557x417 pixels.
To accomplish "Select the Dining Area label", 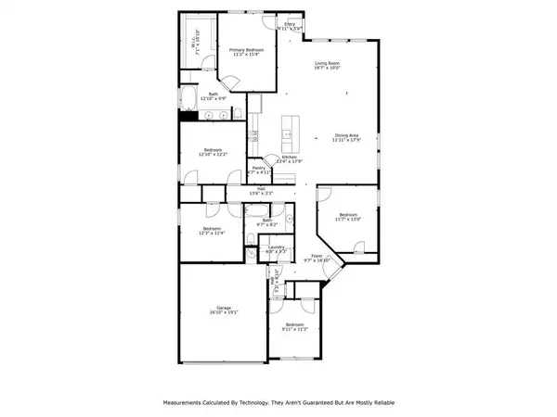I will click(346, 134).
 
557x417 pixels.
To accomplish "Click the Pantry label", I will click(259, 168).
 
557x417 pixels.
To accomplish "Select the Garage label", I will click(223, 309).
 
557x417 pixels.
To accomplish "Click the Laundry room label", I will click(276, 246).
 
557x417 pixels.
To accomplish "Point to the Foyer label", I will click(317, 256).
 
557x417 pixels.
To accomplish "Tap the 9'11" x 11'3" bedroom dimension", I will click(294, 328).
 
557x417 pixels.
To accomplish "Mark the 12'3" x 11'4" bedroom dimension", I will click(212, 233).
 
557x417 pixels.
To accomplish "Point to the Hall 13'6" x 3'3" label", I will click(263, 193).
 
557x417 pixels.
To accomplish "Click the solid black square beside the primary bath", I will click(187, 115).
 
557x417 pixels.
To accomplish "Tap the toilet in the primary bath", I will click(239, 112).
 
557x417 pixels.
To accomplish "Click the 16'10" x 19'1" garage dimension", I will click(223, 313).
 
